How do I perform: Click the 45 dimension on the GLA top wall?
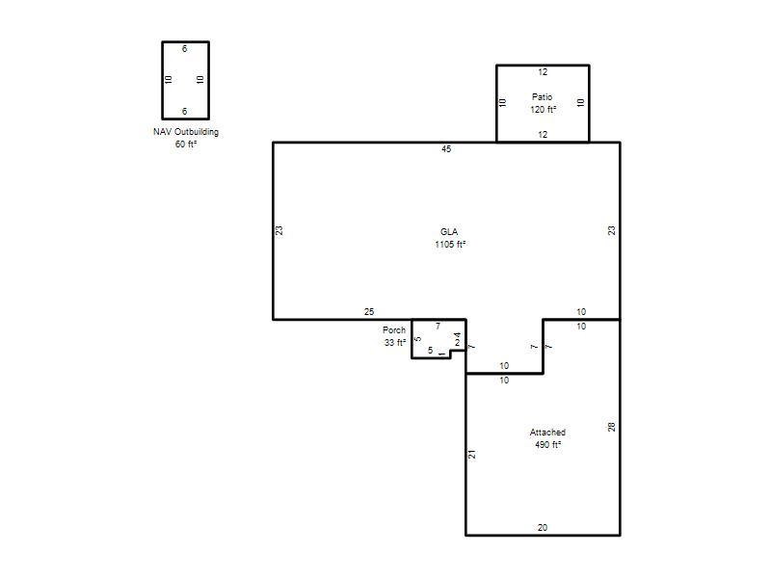point(446,149)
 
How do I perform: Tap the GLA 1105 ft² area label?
point(450,238)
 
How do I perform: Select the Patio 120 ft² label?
point(543,103)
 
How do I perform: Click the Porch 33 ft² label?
point(395,336)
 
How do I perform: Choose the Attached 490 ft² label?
point(547,438)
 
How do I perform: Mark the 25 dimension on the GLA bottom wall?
point(369,311)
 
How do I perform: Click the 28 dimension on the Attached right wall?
point(611,427)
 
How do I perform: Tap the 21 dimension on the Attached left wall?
point(472,454)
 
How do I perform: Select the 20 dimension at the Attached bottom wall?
point(543,527)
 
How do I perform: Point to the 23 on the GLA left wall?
point(279,230)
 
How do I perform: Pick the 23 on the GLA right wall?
point(611,230)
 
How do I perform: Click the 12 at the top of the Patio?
point(543,71)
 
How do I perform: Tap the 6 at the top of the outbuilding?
point(184,49)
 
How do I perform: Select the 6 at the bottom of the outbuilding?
point(184,112)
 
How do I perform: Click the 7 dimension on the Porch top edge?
point(438,326)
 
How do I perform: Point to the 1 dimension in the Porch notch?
point(442,354)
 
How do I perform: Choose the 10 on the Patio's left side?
point(502,103)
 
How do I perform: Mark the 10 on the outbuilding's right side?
point(199,79)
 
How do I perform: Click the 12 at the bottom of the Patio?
point(543,134)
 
